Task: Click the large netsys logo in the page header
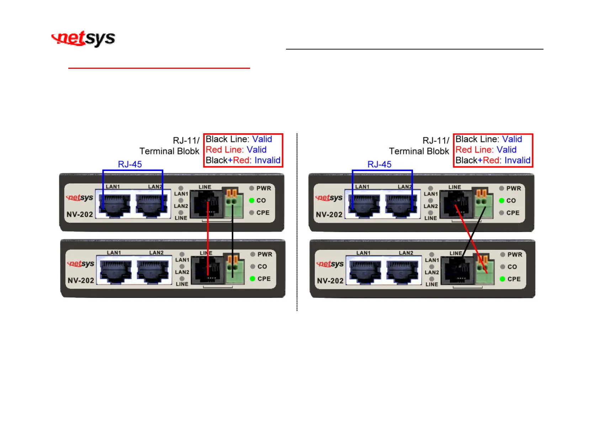point(84,38)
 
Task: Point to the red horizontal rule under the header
point(159,68)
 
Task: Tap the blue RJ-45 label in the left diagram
point(130,164)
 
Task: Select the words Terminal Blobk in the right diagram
point(419,151)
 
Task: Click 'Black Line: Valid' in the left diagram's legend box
point(239,139)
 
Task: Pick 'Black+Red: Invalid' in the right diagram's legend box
point(493,160)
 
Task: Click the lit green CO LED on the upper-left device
point(251,201)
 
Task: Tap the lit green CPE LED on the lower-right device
point(502,279)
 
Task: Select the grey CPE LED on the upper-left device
point(251,213)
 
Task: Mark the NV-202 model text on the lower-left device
point(81,280)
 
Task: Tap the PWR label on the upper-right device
point(514,188)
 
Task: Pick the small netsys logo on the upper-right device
point(329,197)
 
